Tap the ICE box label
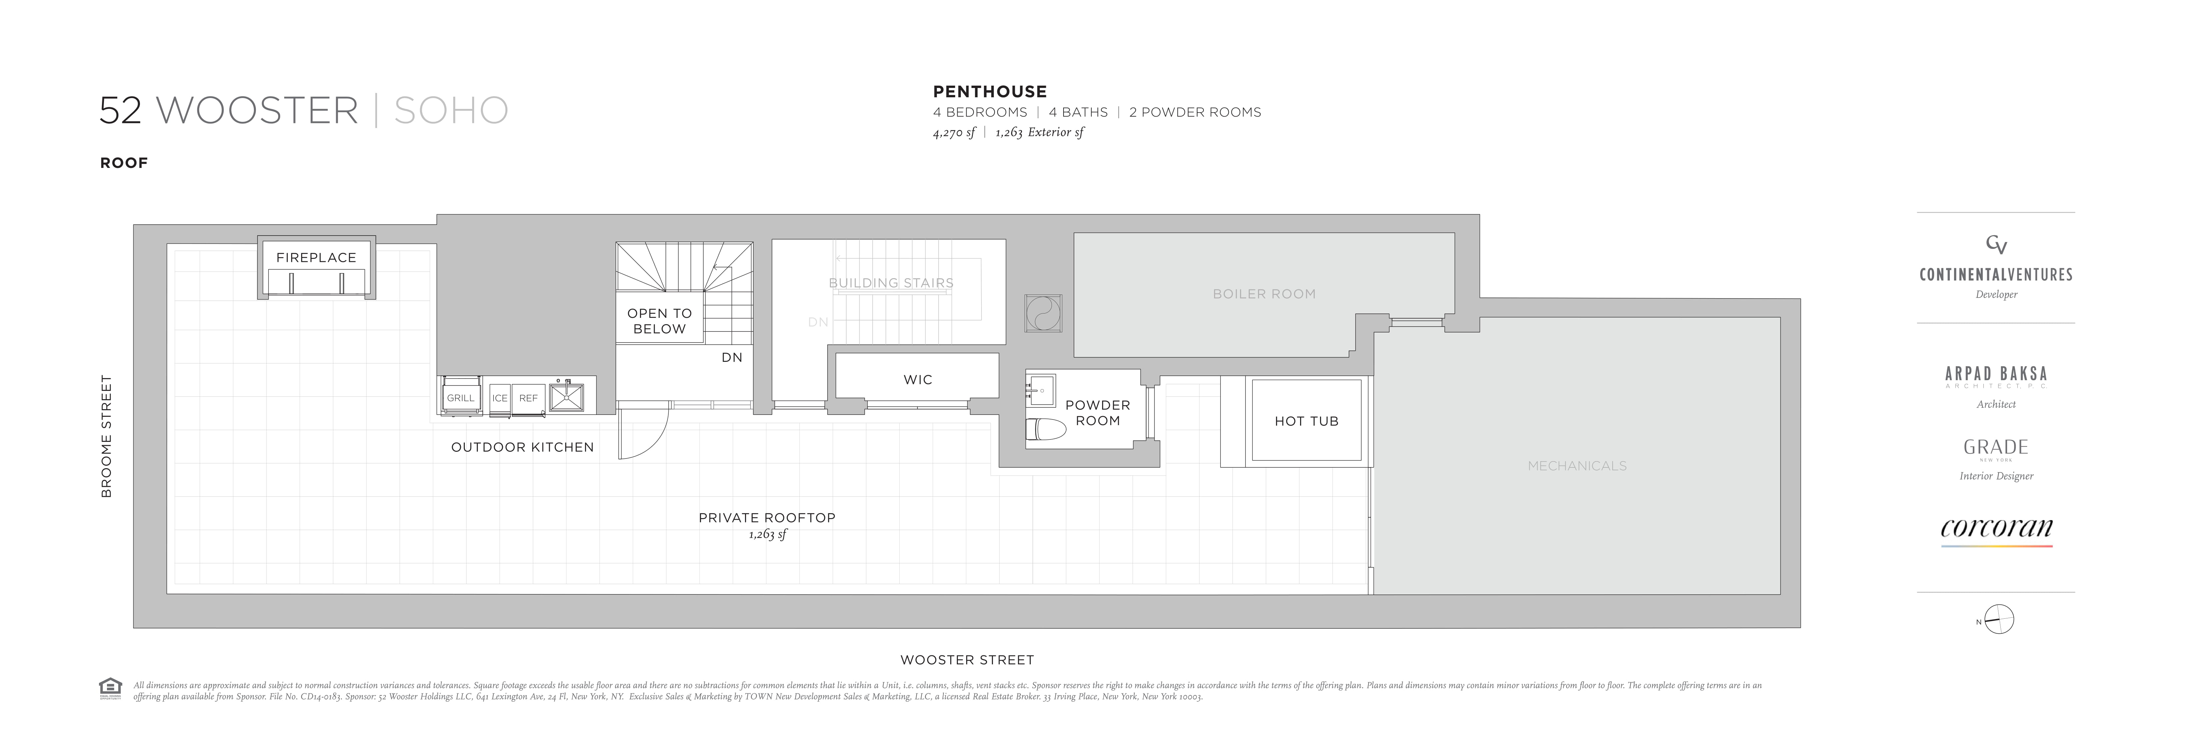pos(499,397)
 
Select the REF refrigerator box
pos(528,397)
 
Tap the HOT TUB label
pos(1306,421)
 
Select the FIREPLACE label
pos(316,257)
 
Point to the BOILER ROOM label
pos(1263,294)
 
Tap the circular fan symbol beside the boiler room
pos(1043,313)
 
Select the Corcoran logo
pos(1996,529)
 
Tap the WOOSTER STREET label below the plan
pos(967,660)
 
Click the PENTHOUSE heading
pos(989,91)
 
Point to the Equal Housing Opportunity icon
pos(110,687)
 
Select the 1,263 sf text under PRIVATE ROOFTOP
pos(767,534)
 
